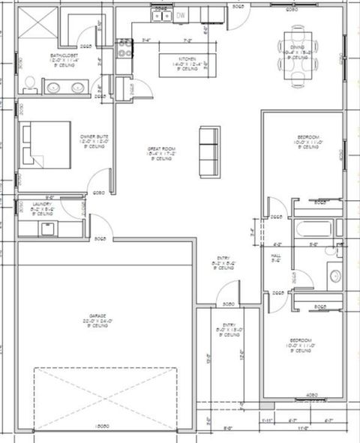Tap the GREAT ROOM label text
tap(160, 154)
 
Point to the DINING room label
tap(298, 52)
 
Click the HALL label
tap(275, 257)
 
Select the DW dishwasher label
tap(181, 15)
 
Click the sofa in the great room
tap(208, 151)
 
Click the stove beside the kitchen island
tap(125, 49)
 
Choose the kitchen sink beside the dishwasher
tap(161, 15)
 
